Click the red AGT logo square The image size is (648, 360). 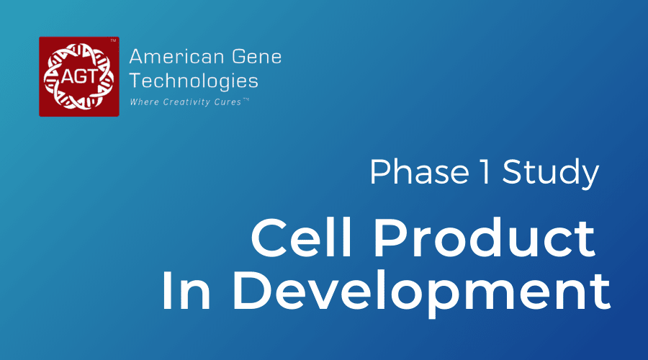click(x=79, y=76)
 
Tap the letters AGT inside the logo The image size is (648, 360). click(x=80, y=77)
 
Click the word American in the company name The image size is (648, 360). click(x=177, y=57)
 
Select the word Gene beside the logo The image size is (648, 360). click(x=256, y=57)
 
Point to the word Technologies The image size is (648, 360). click(x=194, y=81)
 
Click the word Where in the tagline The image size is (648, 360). click(x=144, y=102)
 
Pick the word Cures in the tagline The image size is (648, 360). click(x=228, y=102)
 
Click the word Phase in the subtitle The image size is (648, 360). click(x=420, y=171)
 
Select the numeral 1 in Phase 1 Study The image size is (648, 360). click(x=485, y=171)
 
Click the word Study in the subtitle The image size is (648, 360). click(x=551, y=173)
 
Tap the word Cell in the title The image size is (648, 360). click(x=301, y=238)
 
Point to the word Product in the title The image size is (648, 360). click(x=485, y=238)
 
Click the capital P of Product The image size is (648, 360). click(x=389, y=238)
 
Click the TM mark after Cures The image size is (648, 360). click(x=246, y=99)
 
